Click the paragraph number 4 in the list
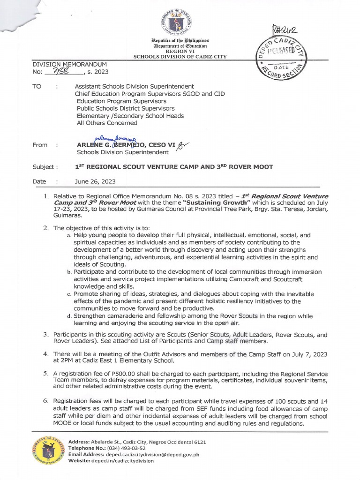(x=46, y=354)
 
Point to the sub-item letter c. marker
(x=69, y=294)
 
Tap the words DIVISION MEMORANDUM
(x=69, y=64)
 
